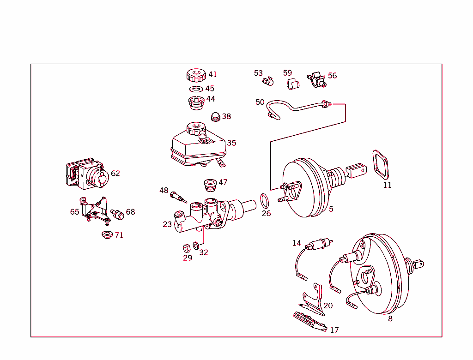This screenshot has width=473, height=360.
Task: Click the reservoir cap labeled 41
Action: pyautogui.click(x=196, y=75)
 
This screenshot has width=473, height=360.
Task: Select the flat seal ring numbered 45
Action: pyautogui.click(x=196, y=89)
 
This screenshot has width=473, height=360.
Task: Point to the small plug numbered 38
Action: pyautogui.click(x=215, y=116)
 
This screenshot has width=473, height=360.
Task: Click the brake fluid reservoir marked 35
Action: pyautogui.click(x=199, y=147)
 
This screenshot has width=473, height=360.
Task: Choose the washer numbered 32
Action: pyautogui.click(x=196, y=245)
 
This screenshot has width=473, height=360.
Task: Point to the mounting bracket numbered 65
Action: pyautogui.click(x=93, y=210)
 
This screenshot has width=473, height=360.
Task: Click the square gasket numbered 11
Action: pyautogui.click(x=380, y=165)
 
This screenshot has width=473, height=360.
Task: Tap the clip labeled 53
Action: pyautogui.click(x=267, y=82)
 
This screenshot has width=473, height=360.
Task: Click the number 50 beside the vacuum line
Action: pyautogui.click(x=260, y=102)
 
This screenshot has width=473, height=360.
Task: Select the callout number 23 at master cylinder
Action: pyautogui.click(x=167, y=224)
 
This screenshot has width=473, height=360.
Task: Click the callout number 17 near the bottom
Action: pyautogui.click(x=334, y=330)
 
